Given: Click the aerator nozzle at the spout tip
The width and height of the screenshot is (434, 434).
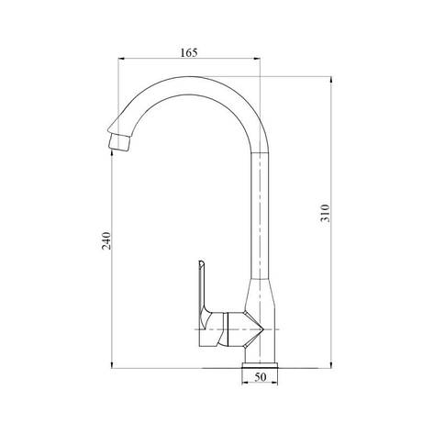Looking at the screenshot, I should tap(117, 140).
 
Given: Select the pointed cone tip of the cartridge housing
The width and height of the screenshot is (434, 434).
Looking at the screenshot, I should tap(266, 328).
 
